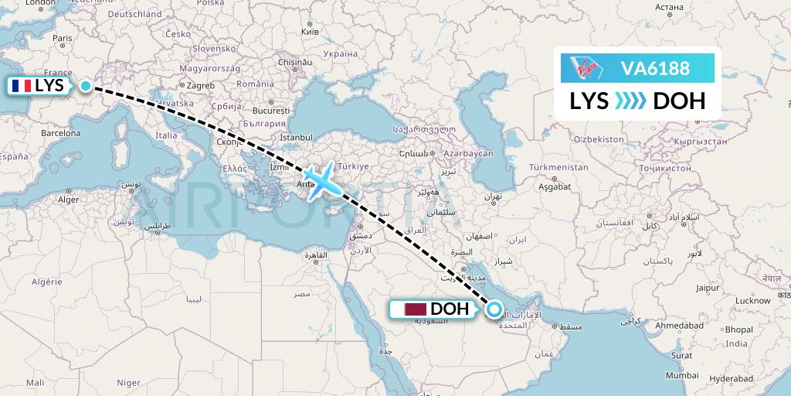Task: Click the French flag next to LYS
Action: pyautogui.click(x=20, y=86)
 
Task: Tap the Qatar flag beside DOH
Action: pyautogui.click(x=416, y=309)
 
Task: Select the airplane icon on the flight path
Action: pyautogui.click(x=321, y=181)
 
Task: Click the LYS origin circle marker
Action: pyautogui.click(x=86, y=87)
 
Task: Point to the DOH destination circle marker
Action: pyautogui.click(x=494, y=311)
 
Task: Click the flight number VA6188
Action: pyautogui.click(x=655, y=68)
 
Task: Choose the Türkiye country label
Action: pyautogui.click(x=355, y=166)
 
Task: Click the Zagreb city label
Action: pyautogui.click(x=199, y=86)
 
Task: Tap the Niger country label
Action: pyautogui.click(x=128, y=382)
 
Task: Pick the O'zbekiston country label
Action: pyautogui.click(x=599, y=138)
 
